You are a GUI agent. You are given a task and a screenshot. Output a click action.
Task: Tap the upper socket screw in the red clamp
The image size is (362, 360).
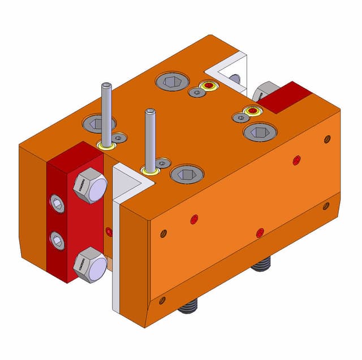pos(57,203)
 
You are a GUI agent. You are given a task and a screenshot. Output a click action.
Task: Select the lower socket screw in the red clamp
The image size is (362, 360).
pos(57,241)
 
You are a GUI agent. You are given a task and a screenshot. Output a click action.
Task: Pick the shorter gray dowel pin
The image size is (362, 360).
pos(150,138)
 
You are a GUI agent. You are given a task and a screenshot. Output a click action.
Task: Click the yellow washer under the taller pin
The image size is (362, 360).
pos(106,146)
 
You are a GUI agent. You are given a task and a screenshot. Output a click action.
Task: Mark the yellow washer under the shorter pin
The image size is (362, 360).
pos(150,170)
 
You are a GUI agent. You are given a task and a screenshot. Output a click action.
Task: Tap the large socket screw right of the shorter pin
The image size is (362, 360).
pos(187,174)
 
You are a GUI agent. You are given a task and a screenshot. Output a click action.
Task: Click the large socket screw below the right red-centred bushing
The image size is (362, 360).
pos(260,132)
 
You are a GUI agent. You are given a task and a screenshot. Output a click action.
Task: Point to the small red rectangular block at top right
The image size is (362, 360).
pos(287,97)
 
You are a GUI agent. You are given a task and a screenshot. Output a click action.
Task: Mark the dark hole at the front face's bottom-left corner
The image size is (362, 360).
pos(162,300)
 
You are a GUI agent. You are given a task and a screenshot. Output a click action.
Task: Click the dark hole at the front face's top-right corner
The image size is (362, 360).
pos(327,139)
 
